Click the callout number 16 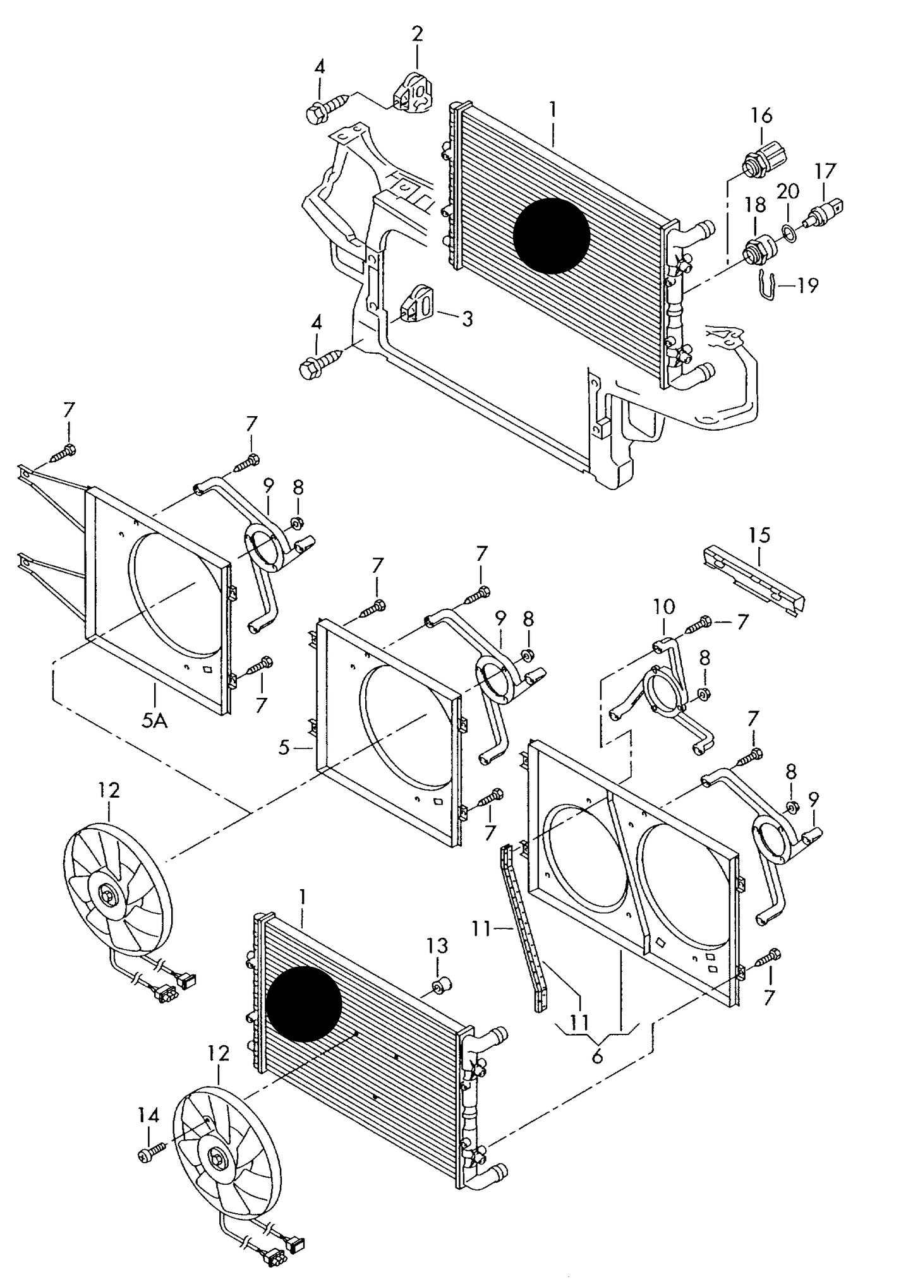point(761,115)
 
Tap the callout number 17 point(825,171)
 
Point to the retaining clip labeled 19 point(766,285)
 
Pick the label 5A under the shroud point(154,720)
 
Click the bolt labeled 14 point(151,1154)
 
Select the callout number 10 point(664,608)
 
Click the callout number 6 point(597,1055)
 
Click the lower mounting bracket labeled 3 point(418,306)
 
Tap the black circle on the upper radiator point(551,236)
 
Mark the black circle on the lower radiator point(303,1003)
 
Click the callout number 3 point(466,319)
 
